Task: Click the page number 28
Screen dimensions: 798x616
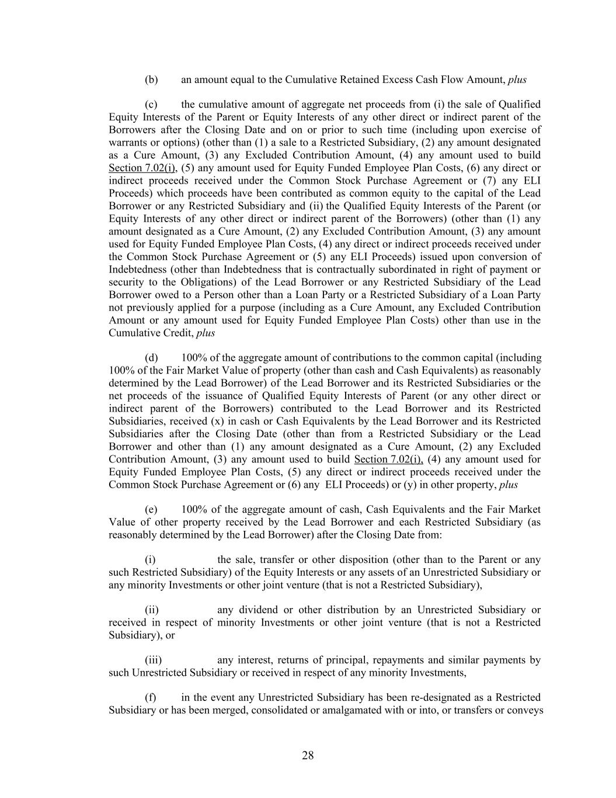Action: (x=308, y=755)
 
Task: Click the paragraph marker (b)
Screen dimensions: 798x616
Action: (x=151, y=80)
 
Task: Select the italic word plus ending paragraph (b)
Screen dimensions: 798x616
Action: (x=517, y=80)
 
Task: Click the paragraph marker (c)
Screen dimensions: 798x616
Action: (x=151, y=105)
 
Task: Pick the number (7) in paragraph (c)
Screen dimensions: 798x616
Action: (x=490, y=181)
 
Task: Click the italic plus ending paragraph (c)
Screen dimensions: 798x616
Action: (x=206, y=333)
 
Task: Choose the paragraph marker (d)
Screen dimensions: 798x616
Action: (x=151, y=358)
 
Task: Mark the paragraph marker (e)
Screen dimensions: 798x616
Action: (x=151, y=510)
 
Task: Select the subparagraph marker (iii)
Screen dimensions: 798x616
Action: (x=153, y=660)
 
